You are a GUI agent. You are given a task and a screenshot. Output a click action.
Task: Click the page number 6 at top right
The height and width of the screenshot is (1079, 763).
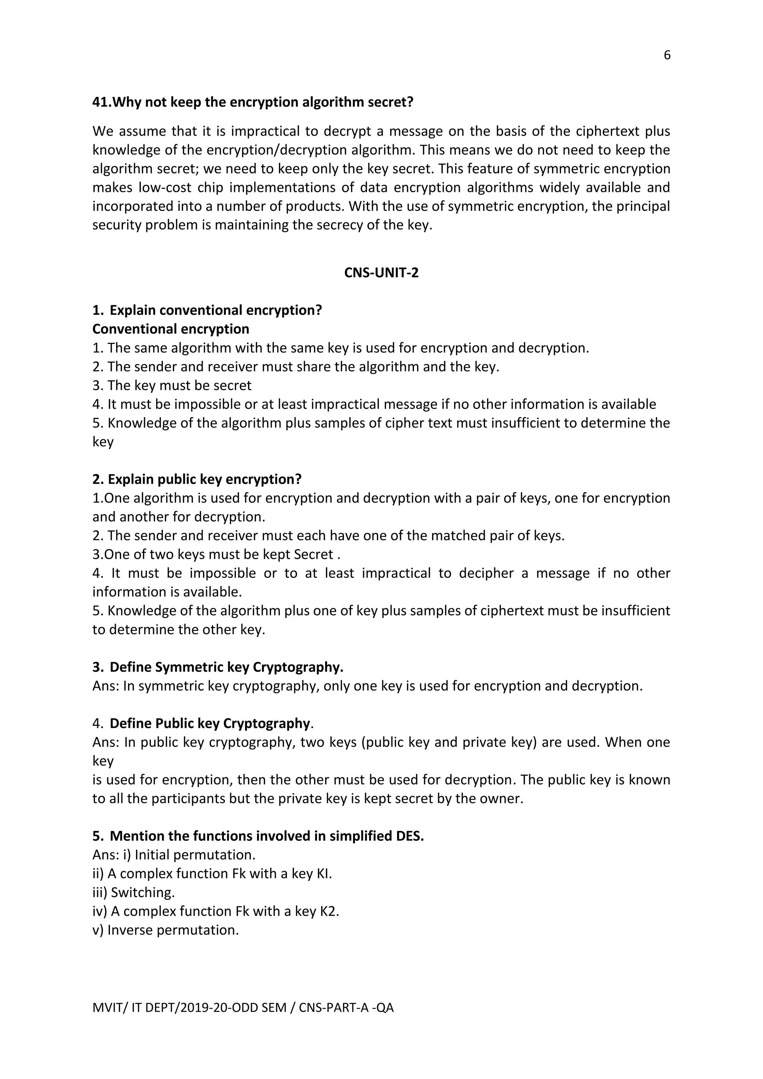coord(667,56)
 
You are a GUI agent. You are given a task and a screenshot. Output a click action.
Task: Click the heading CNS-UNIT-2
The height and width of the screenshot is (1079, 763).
coord(381,273)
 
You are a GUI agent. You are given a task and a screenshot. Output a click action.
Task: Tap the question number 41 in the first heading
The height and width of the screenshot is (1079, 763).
coord(101,102)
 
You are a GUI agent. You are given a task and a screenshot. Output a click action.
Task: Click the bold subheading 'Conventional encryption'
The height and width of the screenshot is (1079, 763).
coord(171,329)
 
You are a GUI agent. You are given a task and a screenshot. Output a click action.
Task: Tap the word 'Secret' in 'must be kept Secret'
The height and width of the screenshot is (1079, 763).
coord(313,554)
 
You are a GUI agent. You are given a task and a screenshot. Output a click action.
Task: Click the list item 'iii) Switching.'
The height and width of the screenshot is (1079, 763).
coord(133,892)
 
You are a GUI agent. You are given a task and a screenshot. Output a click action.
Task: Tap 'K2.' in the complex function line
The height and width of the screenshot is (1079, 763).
coord(329,911)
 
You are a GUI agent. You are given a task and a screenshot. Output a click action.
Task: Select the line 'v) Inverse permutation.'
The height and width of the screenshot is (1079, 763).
coord(165,930)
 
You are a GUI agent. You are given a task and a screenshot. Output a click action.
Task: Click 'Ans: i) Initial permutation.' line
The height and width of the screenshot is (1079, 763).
coord(174,855)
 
